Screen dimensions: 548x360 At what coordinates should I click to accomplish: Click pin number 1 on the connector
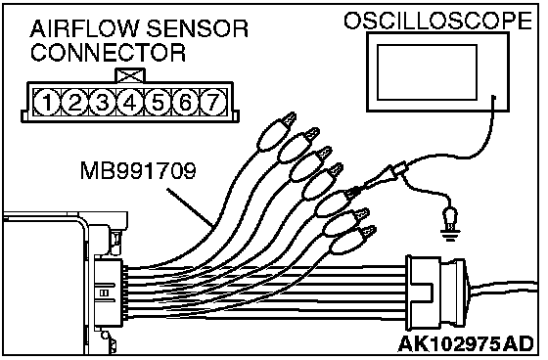coord(47,103)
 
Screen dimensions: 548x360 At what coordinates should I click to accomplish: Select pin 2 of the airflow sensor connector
coord(74,103)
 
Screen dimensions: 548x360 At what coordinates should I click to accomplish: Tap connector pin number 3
coord(102,103)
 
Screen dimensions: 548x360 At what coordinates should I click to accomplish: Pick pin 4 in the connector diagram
coord(129,103)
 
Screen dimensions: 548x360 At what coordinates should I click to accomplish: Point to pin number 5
coord(158,103)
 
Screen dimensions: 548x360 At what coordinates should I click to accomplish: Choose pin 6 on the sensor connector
coord(185,103)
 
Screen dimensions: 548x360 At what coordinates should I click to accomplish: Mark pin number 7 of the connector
coord(213,103)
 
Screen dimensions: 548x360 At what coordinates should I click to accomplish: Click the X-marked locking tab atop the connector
coord(129,75)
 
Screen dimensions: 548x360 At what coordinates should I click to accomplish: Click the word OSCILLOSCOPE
coord(438,21)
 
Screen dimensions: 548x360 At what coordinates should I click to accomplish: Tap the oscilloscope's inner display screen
coord(427,72)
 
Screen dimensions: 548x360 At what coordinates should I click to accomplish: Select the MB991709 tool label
coord(138,171)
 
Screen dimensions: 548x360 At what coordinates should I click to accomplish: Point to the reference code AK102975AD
coord(466,344)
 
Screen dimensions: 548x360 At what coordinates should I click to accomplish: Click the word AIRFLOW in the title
coord(85,28)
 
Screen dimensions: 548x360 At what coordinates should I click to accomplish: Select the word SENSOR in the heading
coord(197,28)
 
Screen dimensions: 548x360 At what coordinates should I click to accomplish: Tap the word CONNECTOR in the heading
coord(108,53)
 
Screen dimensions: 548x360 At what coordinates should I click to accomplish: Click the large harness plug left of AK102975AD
coord(436,292)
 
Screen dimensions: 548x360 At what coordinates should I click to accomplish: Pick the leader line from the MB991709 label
coord(190,207)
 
